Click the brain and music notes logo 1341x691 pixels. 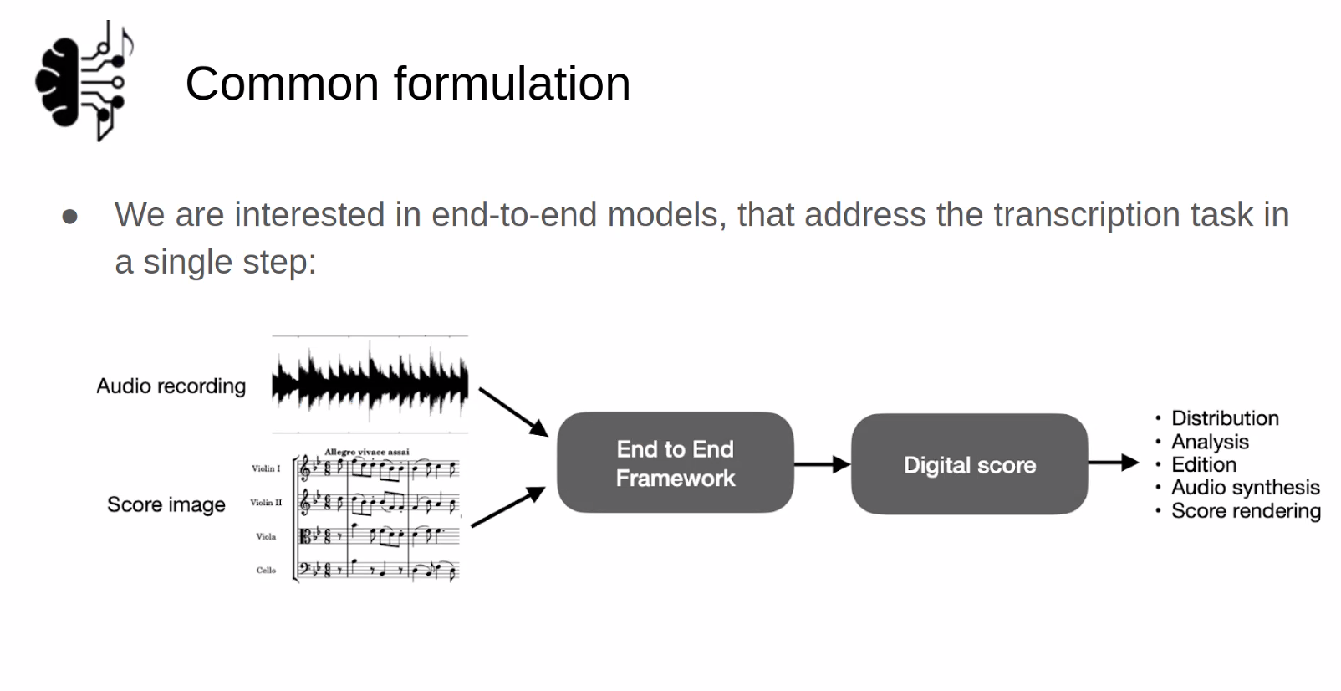(x=84, y=81)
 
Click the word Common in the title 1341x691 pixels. (x=283, y=84)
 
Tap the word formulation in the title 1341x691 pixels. (x=512, y=83)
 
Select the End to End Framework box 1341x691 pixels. (x=676, y=463)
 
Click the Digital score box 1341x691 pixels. (x=970, y=464)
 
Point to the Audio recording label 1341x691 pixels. (x=171, y=386)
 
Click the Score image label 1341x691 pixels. (x=166, y=504)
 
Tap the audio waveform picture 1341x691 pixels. (x=370, y=384)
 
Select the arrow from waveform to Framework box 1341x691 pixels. (x=513, y=412)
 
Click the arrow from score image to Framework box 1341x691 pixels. (x=508, y=507)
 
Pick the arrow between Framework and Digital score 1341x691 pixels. (x=823, y=464)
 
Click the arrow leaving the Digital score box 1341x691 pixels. (x=1114, y=463)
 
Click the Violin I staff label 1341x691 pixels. (x=266, y=468)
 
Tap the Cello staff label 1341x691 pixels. (x=267, y=570)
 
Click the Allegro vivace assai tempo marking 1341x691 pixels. (x=367, y=452)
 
